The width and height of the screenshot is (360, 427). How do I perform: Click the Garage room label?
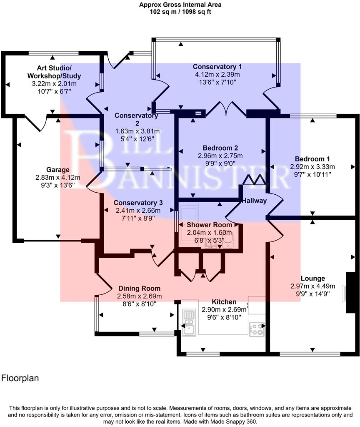57,170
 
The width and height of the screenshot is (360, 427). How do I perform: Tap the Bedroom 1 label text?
312,159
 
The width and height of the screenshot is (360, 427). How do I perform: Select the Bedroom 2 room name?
220,148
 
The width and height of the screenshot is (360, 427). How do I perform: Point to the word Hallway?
254,201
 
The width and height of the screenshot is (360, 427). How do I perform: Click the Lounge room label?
312,278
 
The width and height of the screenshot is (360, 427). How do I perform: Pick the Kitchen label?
224,302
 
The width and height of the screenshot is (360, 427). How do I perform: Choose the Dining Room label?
139,289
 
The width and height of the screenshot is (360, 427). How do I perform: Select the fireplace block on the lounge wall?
351,292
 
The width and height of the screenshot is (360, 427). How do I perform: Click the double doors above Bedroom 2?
226,109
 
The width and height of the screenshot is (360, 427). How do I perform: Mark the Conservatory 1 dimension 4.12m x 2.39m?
217,74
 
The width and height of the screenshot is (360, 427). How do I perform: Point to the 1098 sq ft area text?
194,12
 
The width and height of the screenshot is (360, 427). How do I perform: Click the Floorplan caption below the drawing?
20,378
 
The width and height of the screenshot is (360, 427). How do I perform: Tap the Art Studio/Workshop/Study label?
54,72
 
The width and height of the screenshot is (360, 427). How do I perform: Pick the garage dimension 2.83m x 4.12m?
57,177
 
